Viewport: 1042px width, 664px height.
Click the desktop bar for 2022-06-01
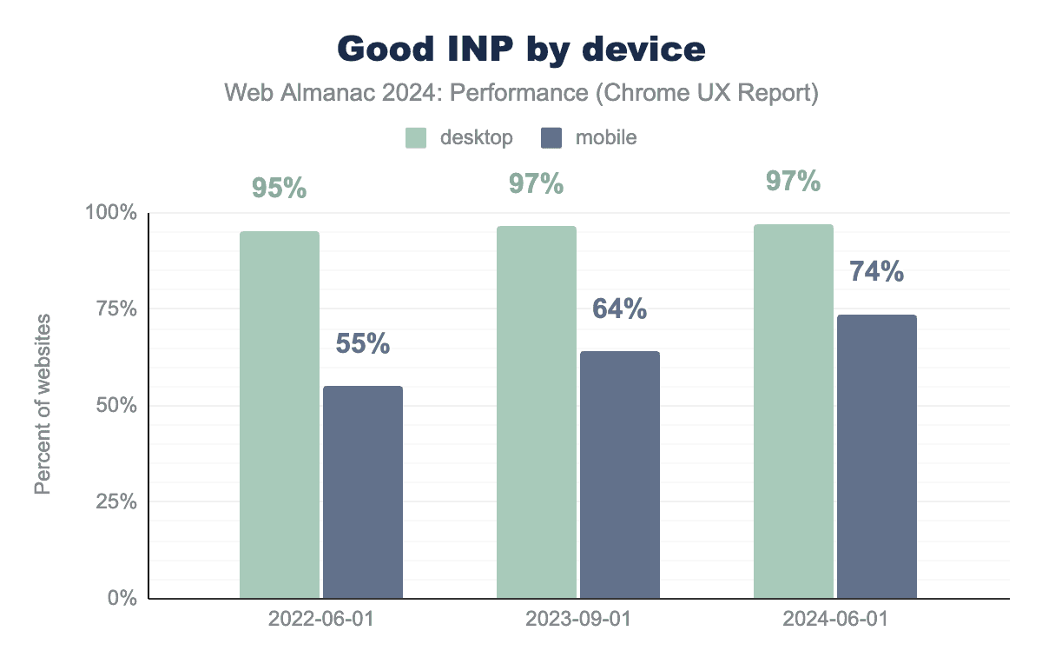click(280, 415)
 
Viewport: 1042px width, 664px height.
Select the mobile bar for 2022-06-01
click(363, 492)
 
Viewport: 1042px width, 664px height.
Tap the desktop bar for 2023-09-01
click(537, 412)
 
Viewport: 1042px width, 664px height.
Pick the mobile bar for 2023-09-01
click(620, 475)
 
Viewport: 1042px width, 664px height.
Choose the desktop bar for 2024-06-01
click(794, 411)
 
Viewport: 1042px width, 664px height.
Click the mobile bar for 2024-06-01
click(877, 456)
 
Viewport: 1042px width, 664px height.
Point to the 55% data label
click(363, 344)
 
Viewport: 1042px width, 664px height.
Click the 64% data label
click(620, 309)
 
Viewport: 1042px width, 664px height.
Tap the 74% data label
click(877, 272)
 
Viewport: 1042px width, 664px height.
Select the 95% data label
click(280, 189)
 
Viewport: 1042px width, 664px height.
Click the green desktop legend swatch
click(417, 137)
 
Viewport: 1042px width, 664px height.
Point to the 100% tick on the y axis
click(110, 213)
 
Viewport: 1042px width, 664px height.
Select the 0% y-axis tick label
click(121, 598)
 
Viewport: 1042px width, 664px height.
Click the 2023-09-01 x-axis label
click(578, 620)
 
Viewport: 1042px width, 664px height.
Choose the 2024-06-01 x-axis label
click(835, 620)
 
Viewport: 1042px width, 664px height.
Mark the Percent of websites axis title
click(43, 405)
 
